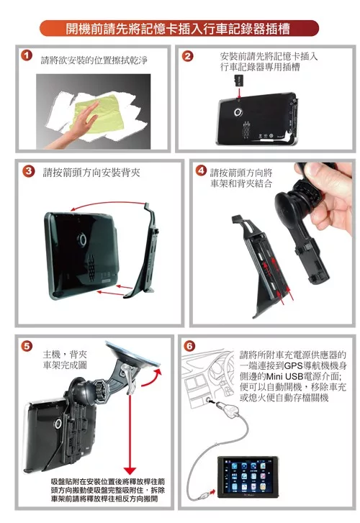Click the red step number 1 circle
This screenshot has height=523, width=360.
27,55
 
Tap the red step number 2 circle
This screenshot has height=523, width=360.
188,55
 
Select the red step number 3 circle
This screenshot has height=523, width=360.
29,171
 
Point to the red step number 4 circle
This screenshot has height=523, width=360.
201,170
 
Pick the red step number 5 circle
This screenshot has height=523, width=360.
27,346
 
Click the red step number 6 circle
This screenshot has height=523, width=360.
189,346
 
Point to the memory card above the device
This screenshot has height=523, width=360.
239,81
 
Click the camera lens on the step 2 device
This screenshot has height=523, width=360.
238,112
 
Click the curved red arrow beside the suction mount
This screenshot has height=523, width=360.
153,378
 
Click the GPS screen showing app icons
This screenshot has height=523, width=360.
248,477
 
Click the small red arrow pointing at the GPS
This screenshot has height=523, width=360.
212,492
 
